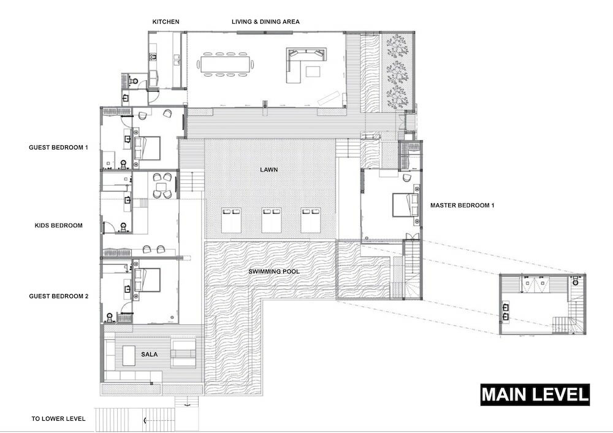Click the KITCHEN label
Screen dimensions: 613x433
(x=166, y=22)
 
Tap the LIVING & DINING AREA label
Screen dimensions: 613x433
(x=265, y=22)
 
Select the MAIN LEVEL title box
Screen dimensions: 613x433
(x=535, y=394)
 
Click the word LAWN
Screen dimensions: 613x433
(x=269, y=170)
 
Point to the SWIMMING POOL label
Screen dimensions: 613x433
(x=274, y=271)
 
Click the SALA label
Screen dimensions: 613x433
(x=150, y=354)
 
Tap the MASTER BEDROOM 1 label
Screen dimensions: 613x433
(x=462, y=205)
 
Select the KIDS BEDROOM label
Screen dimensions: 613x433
(x=59, y=225)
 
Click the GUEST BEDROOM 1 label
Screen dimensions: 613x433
(x=58, y=147)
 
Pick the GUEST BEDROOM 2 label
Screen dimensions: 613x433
(x=59, y=296)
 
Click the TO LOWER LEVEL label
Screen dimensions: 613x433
(x=58, y=418)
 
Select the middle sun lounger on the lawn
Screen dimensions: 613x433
(x=272, y=220)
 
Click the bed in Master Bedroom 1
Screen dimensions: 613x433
(x=405, y=205)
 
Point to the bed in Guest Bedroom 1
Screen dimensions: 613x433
(x=147, y=148)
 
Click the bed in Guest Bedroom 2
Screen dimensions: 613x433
(x=147, y=280)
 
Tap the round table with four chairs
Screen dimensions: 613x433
(x=161, y=186)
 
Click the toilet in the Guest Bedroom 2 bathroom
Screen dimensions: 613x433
(x=110, y=317)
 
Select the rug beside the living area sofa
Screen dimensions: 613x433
(x=313, y=72)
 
